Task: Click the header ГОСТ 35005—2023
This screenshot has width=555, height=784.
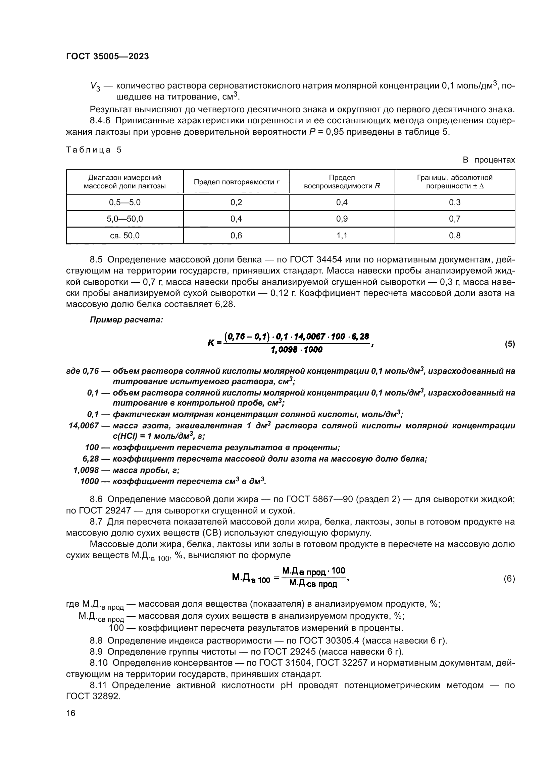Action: click(x=107, y=57)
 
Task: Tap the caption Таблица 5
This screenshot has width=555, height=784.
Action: click(x=94, y=150)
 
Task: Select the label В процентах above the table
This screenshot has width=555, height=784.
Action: click(x=488, y=160)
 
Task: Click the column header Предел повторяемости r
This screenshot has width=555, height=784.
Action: click(x=236, y=182)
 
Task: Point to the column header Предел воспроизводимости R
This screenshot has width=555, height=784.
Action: click(x=342, y=182)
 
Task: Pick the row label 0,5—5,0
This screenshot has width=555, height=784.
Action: click(x=125, y=202)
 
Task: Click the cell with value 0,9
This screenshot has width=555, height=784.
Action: click(x=342, y=219)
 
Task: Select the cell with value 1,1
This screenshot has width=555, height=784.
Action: click(x=342, y=235)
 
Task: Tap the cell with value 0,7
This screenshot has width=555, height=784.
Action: click(x=455, y=219)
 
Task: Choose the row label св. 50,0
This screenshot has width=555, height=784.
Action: click(x=125, y=235)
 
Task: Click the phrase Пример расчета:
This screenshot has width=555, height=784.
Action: click(x=126, y=320)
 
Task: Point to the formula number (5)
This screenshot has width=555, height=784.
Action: click(x=510, y=344)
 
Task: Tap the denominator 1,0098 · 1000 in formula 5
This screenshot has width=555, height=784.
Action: click(x=296, y=350)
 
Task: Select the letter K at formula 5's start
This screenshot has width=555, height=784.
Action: click(x=211, y=343)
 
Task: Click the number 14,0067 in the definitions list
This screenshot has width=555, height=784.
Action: click(x=84, y=426)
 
